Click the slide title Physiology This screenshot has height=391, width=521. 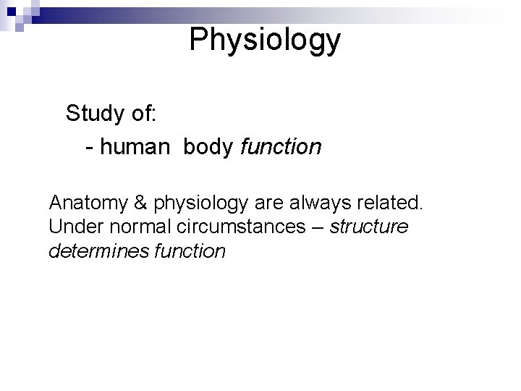[264, 41]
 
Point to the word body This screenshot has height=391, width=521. [208, 147]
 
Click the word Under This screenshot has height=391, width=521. [72, 227]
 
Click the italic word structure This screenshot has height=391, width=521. [369, 227]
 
